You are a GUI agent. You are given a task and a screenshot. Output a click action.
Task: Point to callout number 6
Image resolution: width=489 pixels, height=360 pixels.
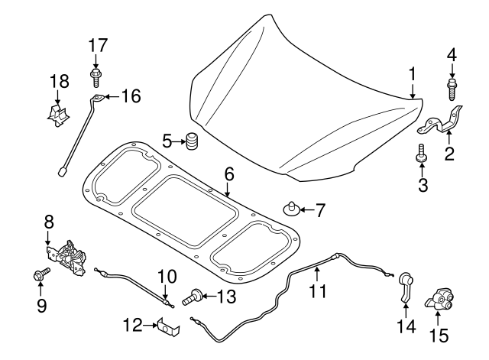[x=228, y=174]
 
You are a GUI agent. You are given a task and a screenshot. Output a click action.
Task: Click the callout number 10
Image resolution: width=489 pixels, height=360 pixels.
[x=167, y=277]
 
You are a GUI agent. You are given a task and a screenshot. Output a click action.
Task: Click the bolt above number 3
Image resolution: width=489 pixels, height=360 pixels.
[x=420, y=154]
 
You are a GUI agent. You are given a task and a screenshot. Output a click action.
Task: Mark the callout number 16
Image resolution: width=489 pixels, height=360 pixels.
[x=131, y=96]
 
